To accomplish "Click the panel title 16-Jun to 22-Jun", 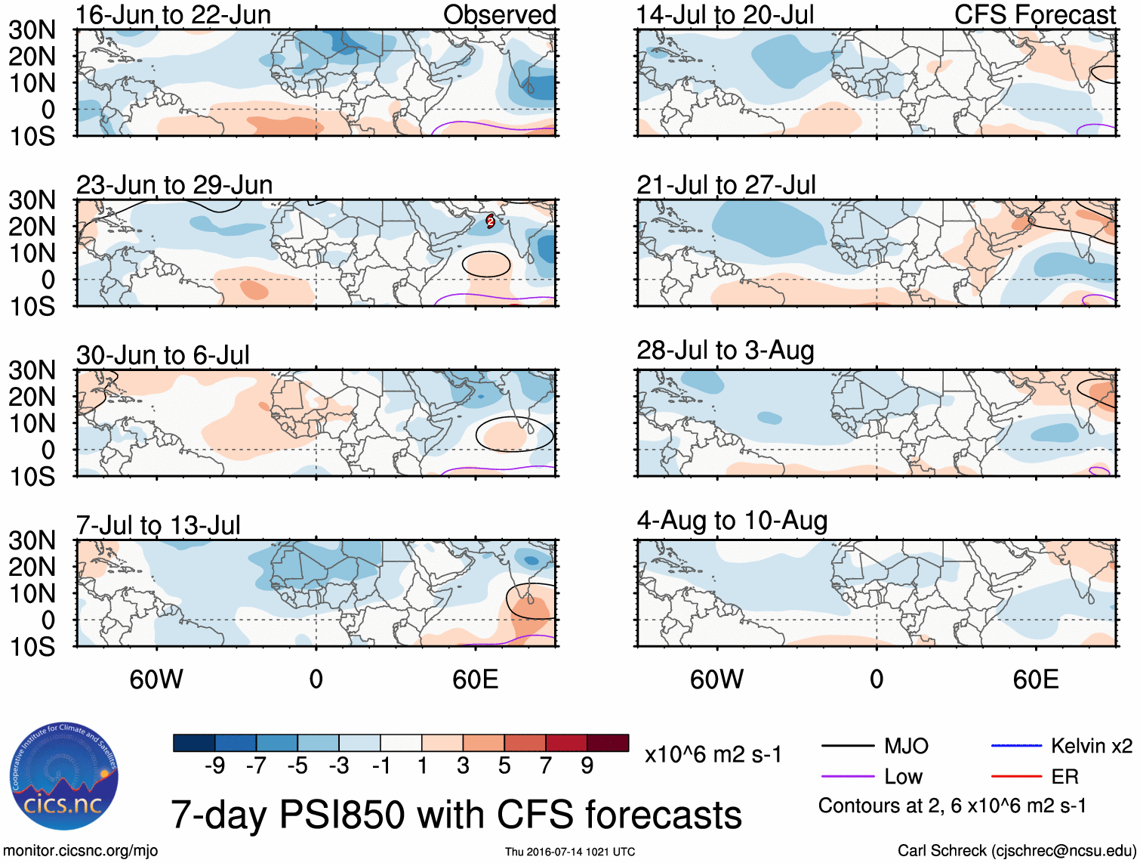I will pyautogui.click(x=173, y=14).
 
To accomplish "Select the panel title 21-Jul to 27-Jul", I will pyautogui.click(x=726, y=184).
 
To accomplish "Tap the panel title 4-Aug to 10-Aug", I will pyautogui.click(x=732, y=520).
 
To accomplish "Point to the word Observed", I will pyautogui.click(x=499, y=14).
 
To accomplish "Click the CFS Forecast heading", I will pyautogui.click(x=1034, y=14).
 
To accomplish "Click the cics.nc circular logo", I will pyautogui.click(x=64, y=776).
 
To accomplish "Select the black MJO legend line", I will pyautogui.click(x=847, y=747).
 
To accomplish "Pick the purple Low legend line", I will pyautogui.click(x=847, y=777).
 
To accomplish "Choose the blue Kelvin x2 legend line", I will pyautogui.click(x=1016, y=747).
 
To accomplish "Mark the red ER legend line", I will pyautogui.click(x=1016, y=777).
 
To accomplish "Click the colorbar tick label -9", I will pyautogui.click(x=214, y=766).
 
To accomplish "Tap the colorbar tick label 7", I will pyautogui.click(x=545, y=766).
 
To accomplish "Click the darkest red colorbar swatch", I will pyautogui.click(x=608, y=743).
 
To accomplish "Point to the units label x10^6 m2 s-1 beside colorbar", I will pyautogui.click(x=713, y=755).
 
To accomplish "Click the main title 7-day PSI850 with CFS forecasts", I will pyautogui.click(x=456, y=815).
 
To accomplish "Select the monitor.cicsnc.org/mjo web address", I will pyautogui.click(x=81, y=851).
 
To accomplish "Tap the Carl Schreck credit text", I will pyautogui.click(x=1016, y=851).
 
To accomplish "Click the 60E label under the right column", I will pyautogui.click(x=1035, y=679).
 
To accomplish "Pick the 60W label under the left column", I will pyautogui.click(x=156, y=679).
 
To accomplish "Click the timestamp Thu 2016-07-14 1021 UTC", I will pyautogui.click(x=570, y=852).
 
